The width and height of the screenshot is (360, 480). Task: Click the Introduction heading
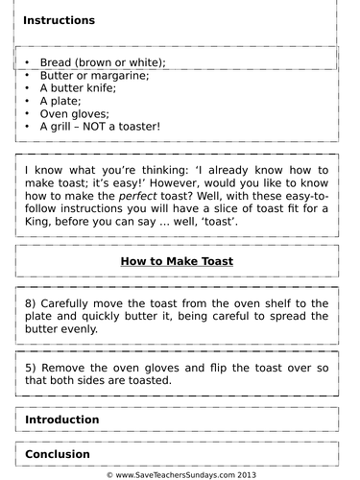click(x=61, y=420)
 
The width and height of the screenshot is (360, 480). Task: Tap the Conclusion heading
click(x=58, y=454)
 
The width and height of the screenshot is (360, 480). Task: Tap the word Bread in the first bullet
click(x=57, y=62)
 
